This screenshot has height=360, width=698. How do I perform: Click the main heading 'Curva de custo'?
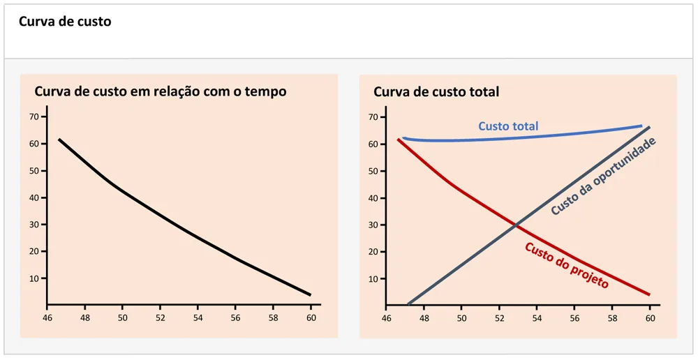(x=65, y=22)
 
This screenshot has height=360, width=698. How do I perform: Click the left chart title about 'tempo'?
(x=161, y=91)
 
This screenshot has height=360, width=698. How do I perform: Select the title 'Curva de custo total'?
(x=436, y=91)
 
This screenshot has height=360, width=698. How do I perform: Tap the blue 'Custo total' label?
(x=508, y=126)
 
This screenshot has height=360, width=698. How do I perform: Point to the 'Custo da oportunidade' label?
(x=604, y=177)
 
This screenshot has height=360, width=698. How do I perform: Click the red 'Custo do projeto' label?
(x=566, y=265)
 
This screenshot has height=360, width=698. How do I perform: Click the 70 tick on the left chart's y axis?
(x=33, y=117)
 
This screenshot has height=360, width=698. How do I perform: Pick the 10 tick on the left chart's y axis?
(x=33, y=278)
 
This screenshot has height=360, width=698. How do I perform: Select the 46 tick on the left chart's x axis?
(x=46, y=317)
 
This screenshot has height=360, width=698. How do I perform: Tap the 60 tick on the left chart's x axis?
(x=311, y=317)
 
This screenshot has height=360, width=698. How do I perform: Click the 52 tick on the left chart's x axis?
(x=160, y=317)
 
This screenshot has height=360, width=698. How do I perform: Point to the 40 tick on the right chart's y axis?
(x=373, y=197)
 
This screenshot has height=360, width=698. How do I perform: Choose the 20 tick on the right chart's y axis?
(x=373, y=251)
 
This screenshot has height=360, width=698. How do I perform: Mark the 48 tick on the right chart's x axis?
(x=423, y=317)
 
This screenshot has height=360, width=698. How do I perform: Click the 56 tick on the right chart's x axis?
(x=574, y=317)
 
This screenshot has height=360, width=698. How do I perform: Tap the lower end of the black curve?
(x=310, y=294)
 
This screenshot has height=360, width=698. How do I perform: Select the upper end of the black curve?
(x=59, y=140)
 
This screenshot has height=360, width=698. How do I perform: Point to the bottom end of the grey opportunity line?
(x=408, y=304)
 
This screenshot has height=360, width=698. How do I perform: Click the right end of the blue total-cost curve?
(x=641, y=126)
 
